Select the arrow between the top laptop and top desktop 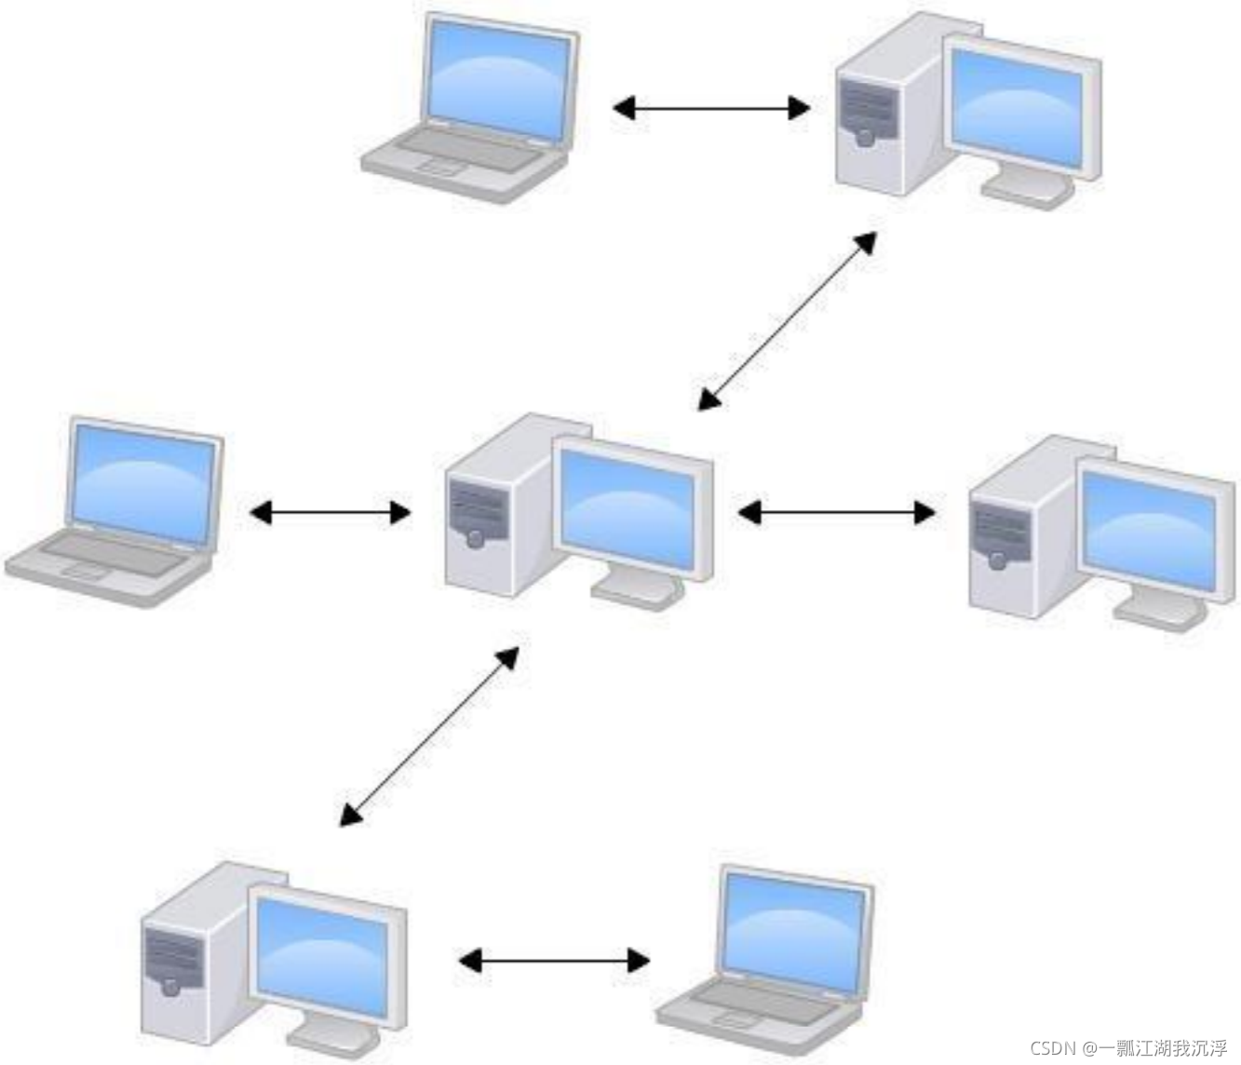[x=710, y=108]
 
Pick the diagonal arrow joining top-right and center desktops [x=788, y=320]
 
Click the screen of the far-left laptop [x=144, y=483]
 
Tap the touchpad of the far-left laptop [x=85, y=570]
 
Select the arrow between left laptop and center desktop [x=330, y=512]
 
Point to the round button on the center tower [x=476, y=539]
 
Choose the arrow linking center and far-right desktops [x=836, y=512]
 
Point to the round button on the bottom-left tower [x=170, y=986]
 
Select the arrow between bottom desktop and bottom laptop [x=554, y=960]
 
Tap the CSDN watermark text [x=1128, y=1048]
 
